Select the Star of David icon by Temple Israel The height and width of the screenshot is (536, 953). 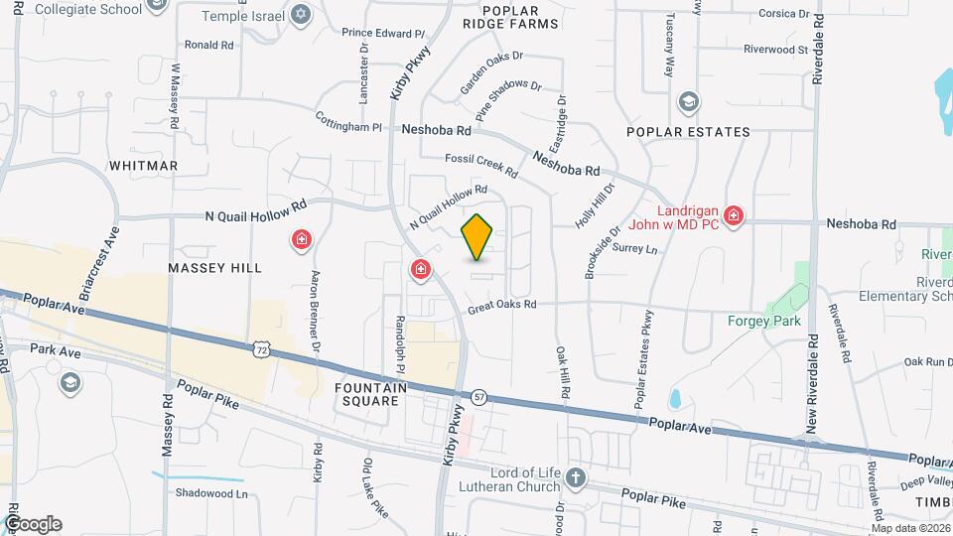[x=302, y=16]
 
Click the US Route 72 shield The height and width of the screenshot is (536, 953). [x=260, y=349]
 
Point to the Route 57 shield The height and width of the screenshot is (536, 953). [x=478, y=396]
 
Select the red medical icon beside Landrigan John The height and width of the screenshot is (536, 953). [x=734, y=215]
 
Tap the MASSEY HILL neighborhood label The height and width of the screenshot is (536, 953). [x=214, y=268]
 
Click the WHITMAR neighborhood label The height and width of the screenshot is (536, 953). [x=143, y=165]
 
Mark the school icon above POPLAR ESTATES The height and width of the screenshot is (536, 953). [x=688, y=102]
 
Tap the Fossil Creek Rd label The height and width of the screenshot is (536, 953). [x=481, y=165]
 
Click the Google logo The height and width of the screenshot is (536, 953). [x=32, y=523]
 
